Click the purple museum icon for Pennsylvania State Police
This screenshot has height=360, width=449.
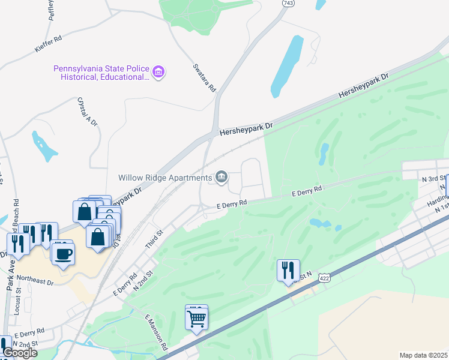[159, 73]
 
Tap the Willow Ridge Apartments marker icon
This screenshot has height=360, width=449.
[221, 176]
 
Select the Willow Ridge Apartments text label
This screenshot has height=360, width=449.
[164, 178]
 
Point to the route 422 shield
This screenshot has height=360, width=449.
[325, 278]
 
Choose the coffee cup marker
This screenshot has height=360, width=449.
[62, 253]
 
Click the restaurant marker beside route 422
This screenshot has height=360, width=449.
[288, 271]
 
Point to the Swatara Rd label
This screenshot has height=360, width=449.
[204, 78]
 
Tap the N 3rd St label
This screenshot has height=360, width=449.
[433, 179]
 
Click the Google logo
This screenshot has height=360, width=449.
[19, 353]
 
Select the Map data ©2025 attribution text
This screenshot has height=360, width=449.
[423, 355]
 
